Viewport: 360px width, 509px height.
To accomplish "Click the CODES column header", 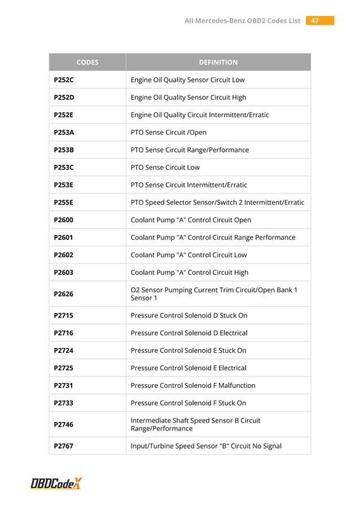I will coord(87,62).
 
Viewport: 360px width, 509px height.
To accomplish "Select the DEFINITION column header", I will coord(218,62).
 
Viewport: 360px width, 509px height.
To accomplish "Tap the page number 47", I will coord(315,21).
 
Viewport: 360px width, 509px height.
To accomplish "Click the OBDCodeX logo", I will coord(56,484).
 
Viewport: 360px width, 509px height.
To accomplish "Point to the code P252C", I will coord(64,80).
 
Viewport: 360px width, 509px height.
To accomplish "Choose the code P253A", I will coord(64,133).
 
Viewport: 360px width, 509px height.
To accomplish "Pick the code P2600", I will coord(64,220).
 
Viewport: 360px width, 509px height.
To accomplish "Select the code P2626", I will coord(64,294).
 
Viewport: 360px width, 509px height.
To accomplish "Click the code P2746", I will coord(64,424).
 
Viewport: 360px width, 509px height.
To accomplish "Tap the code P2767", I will coord(64,446).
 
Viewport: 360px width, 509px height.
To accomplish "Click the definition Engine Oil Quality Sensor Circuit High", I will coord(188,98).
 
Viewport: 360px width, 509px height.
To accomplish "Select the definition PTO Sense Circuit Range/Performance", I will coord(190,150).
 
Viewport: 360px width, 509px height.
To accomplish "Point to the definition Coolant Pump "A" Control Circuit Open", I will coord(191,220).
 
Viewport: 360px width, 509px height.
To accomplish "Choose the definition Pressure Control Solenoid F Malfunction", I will coord(193,385).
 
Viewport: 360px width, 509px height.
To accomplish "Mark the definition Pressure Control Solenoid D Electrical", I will coord(189,333).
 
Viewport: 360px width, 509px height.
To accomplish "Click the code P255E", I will coord(64,203).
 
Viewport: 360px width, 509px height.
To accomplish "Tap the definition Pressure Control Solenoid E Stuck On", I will coord(188,350).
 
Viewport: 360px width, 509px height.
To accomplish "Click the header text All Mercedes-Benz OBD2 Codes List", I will coord(243,21).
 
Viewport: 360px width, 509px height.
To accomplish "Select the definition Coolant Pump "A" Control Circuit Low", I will coord(188,255).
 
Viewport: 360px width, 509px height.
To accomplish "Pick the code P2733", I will coord(64,403).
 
